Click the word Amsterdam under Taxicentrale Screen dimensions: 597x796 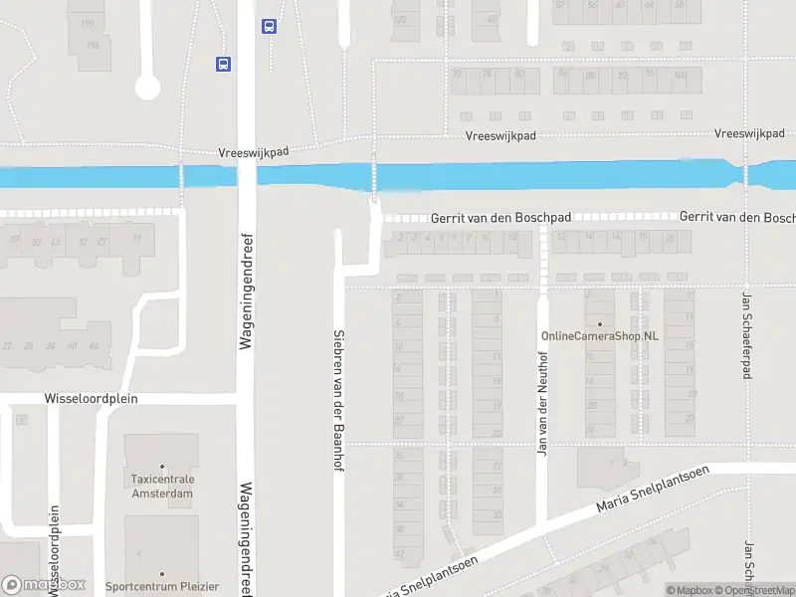click(162, 493)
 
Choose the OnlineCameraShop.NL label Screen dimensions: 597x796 click(600, 336)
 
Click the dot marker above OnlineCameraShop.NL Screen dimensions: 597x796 click(600, 323)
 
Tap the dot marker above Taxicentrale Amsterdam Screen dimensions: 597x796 click(162, 466)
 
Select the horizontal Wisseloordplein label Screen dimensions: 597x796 click(91, 398)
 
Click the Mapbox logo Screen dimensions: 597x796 click(44, 585)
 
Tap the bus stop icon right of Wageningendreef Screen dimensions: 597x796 click(269, 27)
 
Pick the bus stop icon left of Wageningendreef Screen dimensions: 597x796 click(224, 64)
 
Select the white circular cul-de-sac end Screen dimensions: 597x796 click(147, 89)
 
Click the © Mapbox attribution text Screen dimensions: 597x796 click(690, 590)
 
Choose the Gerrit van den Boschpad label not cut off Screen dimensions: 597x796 click(487, 217)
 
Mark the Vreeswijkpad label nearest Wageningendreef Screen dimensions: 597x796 click(253, 152)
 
